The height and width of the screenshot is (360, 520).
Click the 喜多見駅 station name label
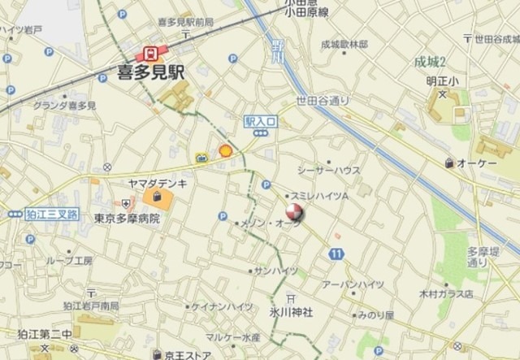[152, 72]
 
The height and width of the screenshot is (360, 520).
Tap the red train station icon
[150, 54]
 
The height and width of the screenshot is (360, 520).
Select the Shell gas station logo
[226, 150]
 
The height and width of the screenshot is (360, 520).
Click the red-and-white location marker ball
[293, 215]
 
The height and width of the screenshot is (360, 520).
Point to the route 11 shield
[336, 254]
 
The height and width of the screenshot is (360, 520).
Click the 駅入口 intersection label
[260, 120]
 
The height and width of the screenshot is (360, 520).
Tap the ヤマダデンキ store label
[157, 184]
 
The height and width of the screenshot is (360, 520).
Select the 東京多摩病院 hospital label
[126, 219]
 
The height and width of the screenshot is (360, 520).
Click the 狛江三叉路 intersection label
[52, 214]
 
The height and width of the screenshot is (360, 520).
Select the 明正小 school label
[442, 81]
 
